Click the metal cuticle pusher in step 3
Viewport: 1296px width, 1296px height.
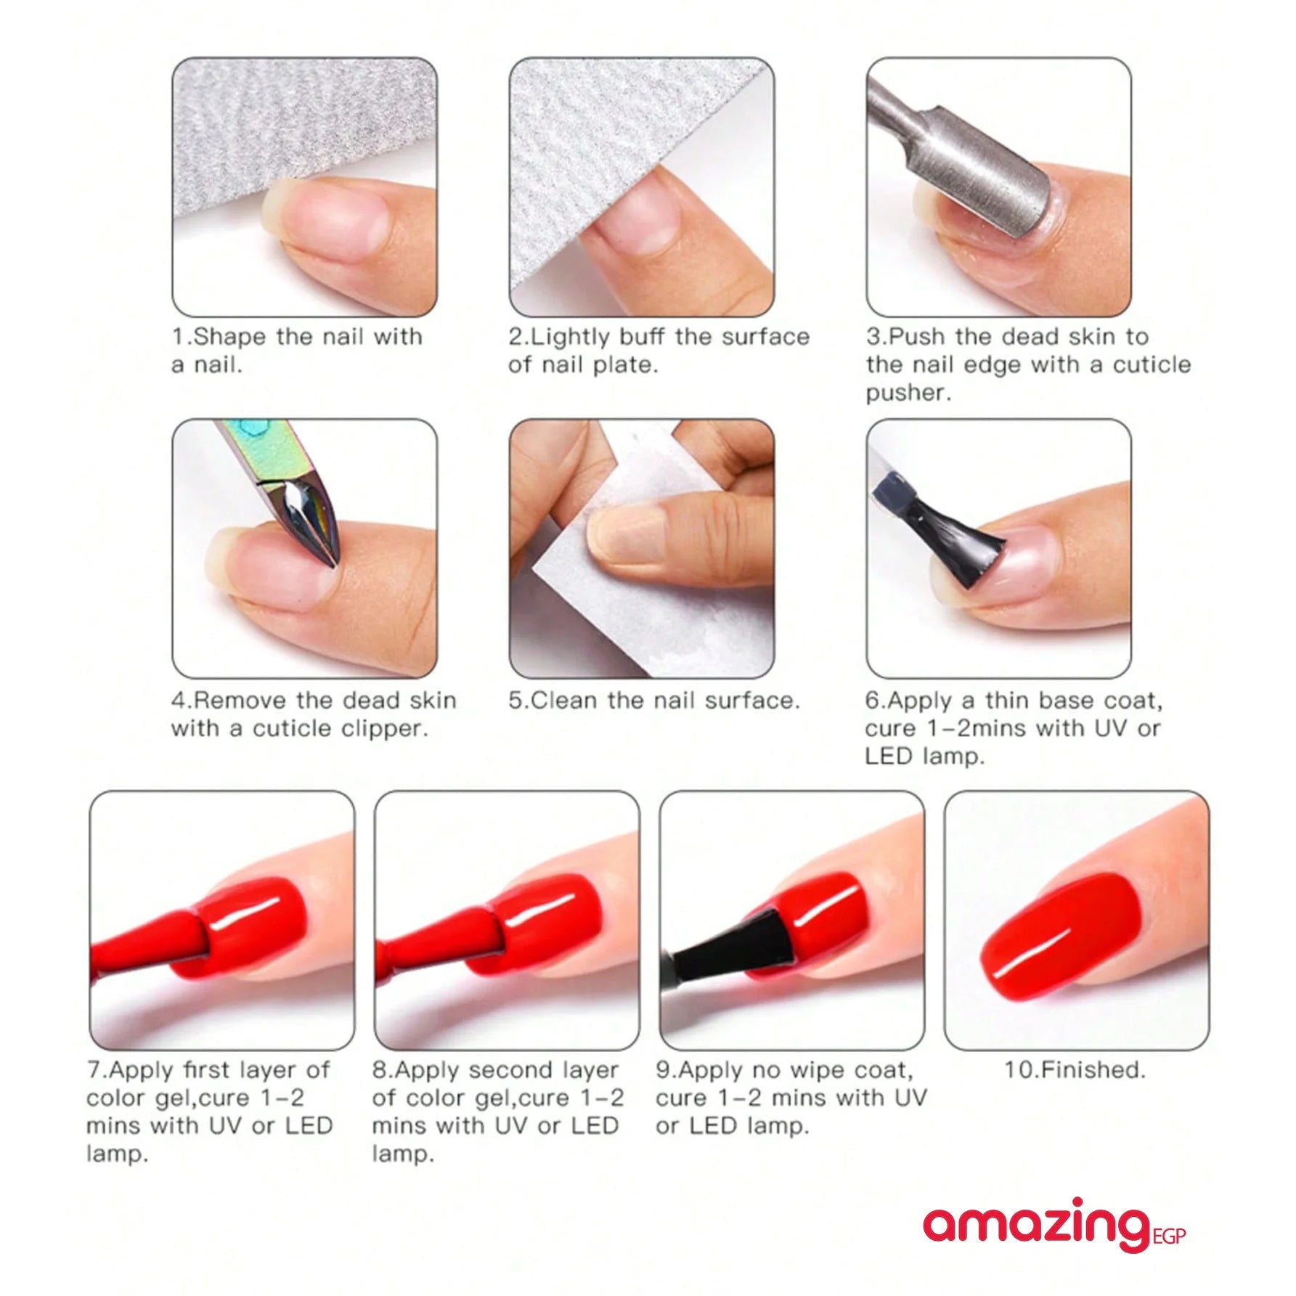pos(966,160)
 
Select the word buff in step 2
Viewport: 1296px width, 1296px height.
pos(643,337)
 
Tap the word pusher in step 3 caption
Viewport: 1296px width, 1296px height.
pos(908,393)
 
